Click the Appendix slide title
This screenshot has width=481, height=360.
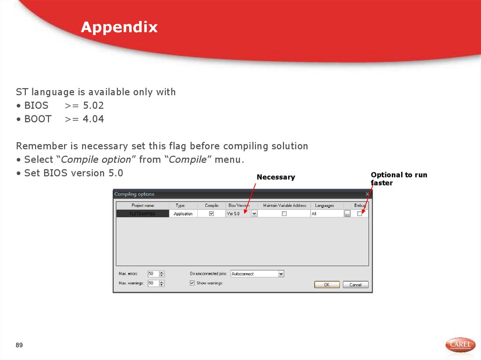119,27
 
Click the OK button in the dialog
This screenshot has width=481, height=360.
326,284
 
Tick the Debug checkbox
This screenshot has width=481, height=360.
360,214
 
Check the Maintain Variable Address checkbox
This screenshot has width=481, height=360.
284,214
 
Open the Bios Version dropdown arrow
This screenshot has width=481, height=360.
254,214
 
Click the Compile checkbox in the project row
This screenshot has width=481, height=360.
211,214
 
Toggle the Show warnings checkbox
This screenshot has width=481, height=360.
192,283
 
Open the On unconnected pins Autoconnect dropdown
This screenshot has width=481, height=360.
281,274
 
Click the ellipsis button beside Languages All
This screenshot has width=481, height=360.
347,214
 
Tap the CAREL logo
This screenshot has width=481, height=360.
460,345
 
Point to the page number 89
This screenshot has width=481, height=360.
19,345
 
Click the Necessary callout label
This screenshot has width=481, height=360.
276,177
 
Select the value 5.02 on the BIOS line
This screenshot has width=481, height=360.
93,106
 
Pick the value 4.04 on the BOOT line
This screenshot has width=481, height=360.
93,119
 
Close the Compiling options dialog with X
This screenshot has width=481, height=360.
367,194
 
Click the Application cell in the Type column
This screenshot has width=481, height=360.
183,214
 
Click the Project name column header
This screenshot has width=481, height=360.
143,206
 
